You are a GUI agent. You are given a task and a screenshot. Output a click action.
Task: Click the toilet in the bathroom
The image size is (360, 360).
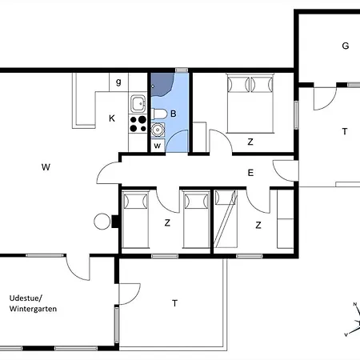[158, 114]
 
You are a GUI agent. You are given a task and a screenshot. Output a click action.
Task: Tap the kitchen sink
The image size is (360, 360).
[138, 104]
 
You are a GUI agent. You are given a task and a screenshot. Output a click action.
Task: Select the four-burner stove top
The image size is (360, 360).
[138, 124]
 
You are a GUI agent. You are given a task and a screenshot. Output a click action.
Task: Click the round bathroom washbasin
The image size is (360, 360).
[158, 130]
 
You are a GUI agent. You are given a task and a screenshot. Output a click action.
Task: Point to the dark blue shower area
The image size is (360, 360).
[161, 84]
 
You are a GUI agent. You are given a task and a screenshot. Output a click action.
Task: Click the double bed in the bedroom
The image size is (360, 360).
[250, 103]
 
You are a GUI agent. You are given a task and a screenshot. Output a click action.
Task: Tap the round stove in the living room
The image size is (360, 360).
[102, 222]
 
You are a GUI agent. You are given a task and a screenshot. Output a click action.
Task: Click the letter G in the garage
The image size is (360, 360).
[346, 46]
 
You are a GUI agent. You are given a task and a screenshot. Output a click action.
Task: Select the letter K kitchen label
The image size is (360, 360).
[112, 118]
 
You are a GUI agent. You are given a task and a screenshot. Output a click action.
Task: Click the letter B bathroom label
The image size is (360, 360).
[174, 114]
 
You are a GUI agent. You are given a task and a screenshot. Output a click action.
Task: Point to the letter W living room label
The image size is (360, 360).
[46, 167]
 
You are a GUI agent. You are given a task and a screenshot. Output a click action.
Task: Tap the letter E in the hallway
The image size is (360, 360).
[250, 173]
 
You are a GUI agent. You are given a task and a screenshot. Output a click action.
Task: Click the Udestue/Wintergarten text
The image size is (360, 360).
[33, 303]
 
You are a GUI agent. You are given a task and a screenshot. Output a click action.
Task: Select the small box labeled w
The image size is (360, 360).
[158, 146]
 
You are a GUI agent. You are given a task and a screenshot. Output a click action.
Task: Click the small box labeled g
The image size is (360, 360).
[118, 82]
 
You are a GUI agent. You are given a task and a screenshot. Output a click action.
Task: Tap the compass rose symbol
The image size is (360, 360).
[354, 320]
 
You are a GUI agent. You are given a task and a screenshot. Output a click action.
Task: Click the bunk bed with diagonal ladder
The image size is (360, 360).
[226, 218]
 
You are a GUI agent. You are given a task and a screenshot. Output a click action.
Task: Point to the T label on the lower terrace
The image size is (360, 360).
[174, 303]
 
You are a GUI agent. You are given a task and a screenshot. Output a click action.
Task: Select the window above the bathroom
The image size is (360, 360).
[182, 70]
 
